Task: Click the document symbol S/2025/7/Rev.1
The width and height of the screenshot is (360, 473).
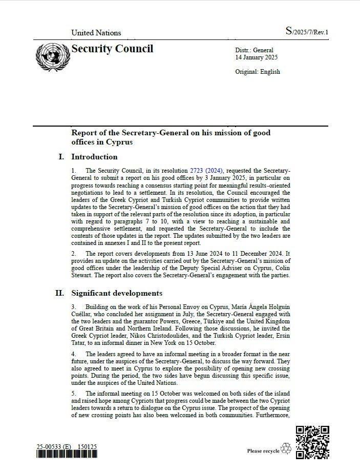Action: coord(307,32)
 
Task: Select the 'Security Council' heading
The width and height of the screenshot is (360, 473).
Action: coord(112,49)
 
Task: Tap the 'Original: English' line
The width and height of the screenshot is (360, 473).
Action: coord(258,72)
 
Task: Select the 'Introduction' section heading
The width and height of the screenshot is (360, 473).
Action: coord(94,157)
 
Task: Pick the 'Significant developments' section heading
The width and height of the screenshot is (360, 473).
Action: coord(117,293)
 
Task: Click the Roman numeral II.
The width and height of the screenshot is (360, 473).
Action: coord(59,293)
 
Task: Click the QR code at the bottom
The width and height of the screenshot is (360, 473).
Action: coord(312,442)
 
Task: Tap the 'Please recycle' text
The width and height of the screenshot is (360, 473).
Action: coord(263,451)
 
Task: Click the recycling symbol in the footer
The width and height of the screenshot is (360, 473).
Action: coord(286,449)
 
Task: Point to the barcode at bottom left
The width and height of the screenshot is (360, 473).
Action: coord(66,455)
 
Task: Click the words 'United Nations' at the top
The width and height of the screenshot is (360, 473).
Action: coord(96,33)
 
